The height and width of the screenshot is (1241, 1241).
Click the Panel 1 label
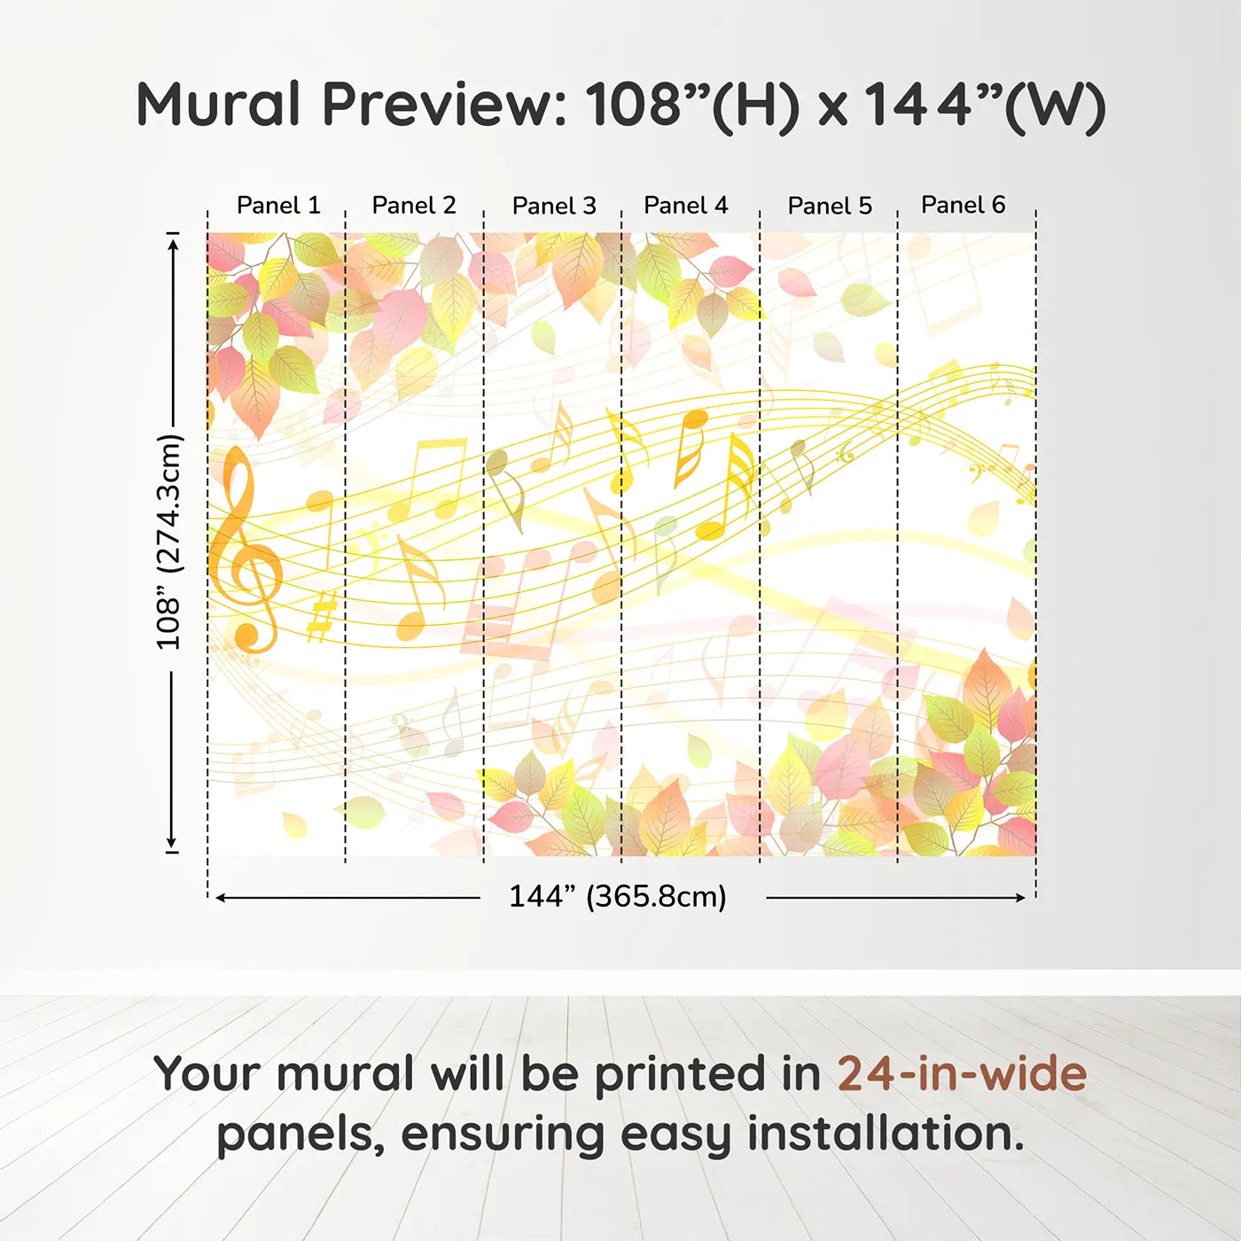pyautogui.click(x=278, y=206)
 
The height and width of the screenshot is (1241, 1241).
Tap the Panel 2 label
pyautogui.click(x=414, y=206)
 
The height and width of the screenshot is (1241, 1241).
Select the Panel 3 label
pyautogui.click(x=554, y=207)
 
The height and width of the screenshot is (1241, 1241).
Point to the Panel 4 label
pyautogui.click(x=685, y=206)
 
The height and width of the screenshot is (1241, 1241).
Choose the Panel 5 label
pyautogui.click(x=830, y=207)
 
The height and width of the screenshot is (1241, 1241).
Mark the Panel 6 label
pyautogui.click(x=963, y=206)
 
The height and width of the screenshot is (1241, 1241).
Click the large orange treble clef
pyautogui.click(x=243, y=550)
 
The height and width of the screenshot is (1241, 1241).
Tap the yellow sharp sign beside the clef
pyautogui.click(x=322, y=615)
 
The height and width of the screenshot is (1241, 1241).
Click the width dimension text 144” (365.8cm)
pyautogui.click(x=617, y=897)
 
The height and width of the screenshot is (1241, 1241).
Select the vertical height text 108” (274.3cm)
pyautogui.click(x=168, y=542)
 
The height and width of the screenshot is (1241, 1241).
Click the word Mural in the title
pyautogui.click(x=218, y=105)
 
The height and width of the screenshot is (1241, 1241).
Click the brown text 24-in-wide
pyautogui.click(x=962, y=1074)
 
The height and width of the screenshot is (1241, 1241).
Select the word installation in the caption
pyautogui.click(x=885, y=1134)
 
